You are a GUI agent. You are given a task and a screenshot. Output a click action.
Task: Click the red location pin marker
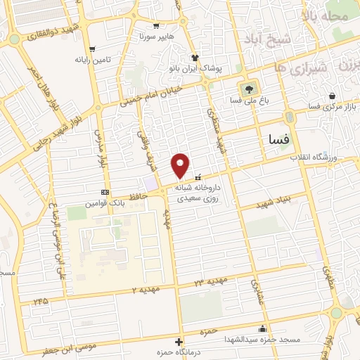click(x=181, y=165)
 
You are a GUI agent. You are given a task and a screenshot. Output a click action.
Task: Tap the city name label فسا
click(x=275, y=140)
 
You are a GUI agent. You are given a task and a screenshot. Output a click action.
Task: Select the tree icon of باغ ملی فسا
click(x=247, y=89)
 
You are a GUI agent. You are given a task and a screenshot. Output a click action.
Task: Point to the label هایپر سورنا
click(x=155, y=34)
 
